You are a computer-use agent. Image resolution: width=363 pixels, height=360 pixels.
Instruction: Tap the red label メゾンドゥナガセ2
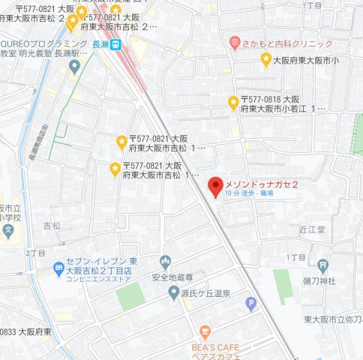coord(262,184)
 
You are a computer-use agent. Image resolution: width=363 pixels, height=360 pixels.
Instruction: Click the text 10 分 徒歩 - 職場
coord(248,193)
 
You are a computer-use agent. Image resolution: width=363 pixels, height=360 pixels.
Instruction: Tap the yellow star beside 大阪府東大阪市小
coord(265,59)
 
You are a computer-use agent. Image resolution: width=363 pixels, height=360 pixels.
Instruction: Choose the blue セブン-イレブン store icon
coord(58,268)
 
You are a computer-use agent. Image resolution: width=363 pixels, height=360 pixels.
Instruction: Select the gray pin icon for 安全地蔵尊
coord(166,262)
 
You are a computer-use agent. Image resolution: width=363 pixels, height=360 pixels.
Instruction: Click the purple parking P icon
coord(252,304)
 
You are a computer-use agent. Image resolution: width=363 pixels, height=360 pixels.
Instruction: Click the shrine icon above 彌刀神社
coord(322,265)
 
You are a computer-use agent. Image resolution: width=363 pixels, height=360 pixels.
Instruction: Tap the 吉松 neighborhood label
coord(52,225)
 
